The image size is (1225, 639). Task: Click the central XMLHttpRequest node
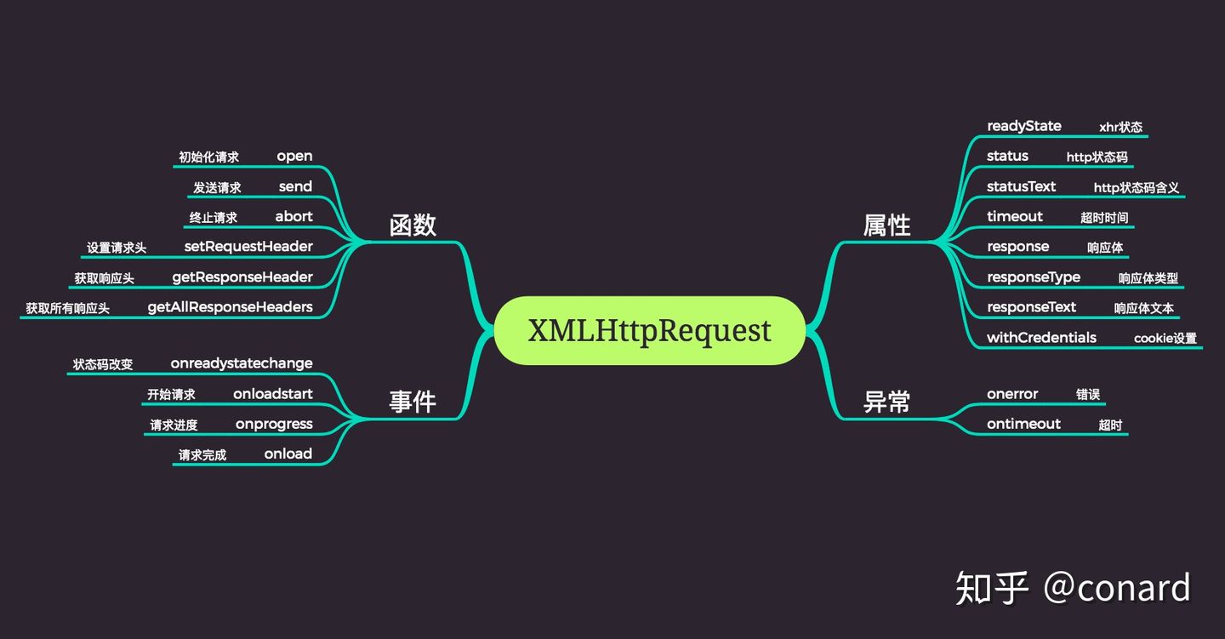pyautogui.click(x=649, y=330)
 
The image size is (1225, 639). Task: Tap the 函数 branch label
pyautogui.click(x=413, y=225)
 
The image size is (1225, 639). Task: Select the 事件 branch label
pyautogui.click(x=413, y=402)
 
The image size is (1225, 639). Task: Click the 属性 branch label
pyautogui.click(x=887, y=225)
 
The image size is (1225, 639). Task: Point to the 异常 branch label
pyautogui.click(x=887, y=402)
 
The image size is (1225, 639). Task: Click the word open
pyautogui.click(x=294, y=157)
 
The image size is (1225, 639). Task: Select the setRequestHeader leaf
pyautogui.click(x=248, y=247)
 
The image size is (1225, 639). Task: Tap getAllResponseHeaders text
pyautogui.click(x=230, y=307)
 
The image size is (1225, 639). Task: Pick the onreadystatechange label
pyautogui.click(x=242, y=363)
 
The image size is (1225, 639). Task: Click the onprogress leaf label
pyautogui.click(x=274, y=424)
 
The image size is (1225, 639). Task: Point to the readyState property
pyautogui.click(x=1024, y=126)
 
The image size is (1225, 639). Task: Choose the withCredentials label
pyautogui.click(x=1041, y=338)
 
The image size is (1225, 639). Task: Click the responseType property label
pyautogui.click(x=1034, y=277)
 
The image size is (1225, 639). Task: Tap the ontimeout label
pyautogui.click(x=1023, y=424)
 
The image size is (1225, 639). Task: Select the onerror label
pyautogui.click(x=1012, y=394)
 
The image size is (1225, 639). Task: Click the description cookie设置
pyautogui.click(x=1165, y=339)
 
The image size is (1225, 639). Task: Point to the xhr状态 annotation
pyautogui.click(x=1120, y=128)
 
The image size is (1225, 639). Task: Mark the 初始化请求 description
pyautogui.click(x=208, y=157)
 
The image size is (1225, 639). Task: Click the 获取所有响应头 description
pyautogui.click(x=67, y=308)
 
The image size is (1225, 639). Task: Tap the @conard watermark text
pyautogui.click(x=1117, y=588)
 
